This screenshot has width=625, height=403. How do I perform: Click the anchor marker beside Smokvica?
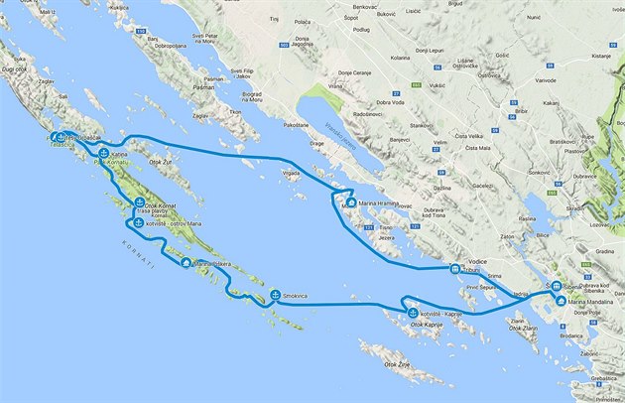click(274, 295)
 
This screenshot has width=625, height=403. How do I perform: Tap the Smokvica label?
click(296, 296)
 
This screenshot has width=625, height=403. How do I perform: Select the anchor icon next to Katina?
click(104, 153)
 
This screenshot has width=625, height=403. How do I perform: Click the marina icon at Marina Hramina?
click(350, 203)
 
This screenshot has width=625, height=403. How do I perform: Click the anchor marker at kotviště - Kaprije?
click(414, 315)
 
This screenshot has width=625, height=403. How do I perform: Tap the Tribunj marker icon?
click(453, 268)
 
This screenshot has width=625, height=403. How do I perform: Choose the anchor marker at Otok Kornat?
click(139, 202)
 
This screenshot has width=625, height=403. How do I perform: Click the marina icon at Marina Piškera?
click(186, 263)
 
